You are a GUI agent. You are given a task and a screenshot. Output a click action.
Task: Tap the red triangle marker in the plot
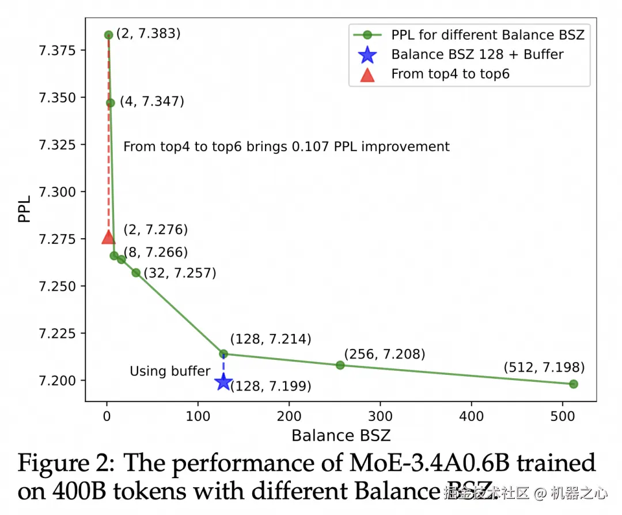(x=108, y=237)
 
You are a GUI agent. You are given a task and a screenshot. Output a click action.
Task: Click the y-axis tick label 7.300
(x=58, y=192)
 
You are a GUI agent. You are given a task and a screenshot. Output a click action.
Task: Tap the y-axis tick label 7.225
(x=58, y=333)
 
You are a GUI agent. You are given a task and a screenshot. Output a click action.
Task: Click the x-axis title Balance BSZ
(x=341, y=435)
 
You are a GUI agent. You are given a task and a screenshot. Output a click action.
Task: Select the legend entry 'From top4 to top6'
(x=450, y=74)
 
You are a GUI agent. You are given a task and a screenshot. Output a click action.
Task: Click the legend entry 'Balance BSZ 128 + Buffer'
(x=477, y=54)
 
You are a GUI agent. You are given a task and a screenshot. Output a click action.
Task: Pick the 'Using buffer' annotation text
(x=170, y=371)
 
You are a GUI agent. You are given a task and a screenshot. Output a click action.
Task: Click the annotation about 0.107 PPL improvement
(x=286, y=146)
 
